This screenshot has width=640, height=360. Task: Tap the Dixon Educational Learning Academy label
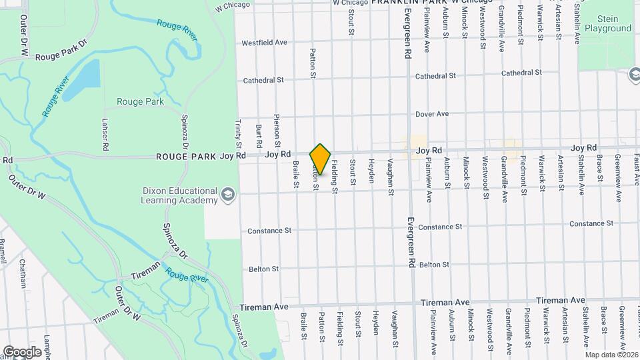pos(180,195)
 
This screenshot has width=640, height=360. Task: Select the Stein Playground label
pos(607,24)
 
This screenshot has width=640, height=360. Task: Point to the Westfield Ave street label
pos(264,42)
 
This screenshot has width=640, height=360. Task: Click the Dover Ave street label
pos(432,114)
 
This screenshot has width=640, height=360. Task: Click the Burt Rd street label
pos(258,135)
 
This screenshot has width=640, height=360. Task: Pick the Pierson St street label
pos(277,131)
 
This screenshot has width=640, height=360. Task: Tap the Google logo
pos(22,351)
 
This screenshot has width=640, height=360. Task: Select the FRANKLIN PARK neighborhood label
pos(409,3)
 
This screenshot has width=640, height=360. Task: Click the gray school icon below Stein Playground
pos(632,75)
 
